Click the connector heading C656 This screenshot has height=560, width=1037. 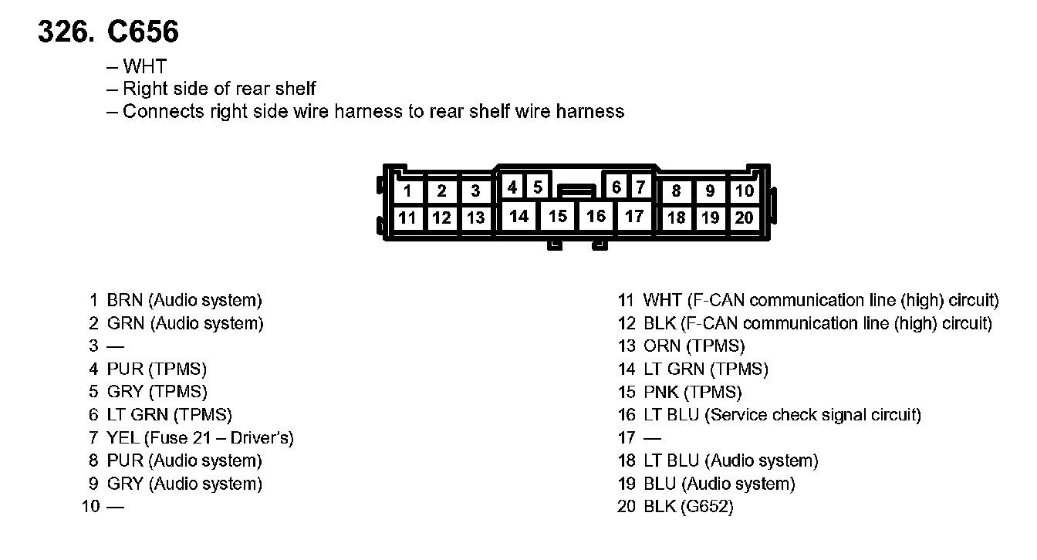144,32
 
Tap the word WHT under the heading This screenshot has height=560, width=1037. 144,67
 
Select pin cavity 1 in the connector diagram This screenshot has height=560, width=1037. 407,191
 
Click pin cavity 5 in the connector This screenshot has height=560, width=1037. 538,187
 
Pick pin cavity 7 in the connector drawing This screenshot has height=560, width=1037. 640,187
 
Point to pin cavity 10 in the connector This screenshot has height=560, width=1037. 744,191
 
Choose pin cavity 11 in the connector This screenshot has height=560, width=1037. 407,218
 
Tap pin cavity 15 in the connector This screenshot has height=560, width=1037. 558,216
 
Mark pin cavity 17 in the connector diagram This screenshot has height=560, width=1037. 634,216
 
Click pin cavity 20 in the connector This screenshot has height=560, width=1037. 744,218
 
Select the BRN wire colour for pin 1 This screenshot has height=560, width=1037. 125,301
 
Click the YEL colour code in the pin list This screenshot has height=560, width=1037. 123,438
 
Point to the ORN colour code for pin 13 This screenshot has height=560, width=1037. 661,346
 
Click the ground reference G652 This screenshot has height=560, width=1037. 707,507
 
